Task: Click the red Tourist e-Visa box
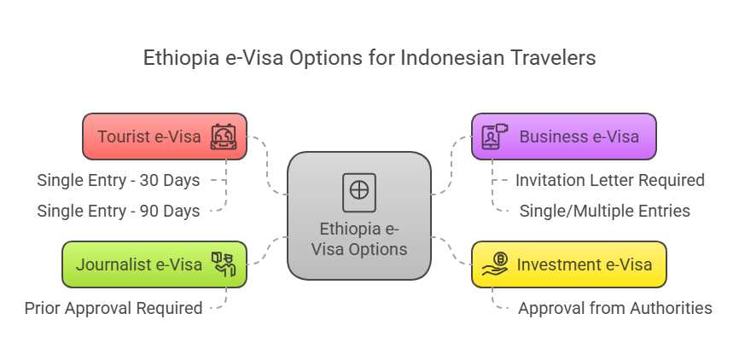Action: click(x=165, y=136)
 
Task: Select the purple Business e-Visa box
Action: click(x=564, y=136)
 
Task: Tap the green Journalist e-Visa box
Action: click(x=154, y=264)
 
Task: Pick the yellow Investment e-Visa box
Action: click(x=569, y=264)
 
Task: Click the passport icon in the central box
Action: click(x=359, y=193)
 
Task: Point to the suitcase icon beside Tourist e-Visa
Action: click(x=224, y=136)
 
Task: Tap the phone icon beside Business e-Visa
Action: click(x=495, y=136)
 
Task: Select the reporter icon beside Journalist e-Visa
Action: click(x=224, y=264)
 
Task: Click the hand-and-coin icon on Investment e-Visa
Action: click(x=495, y=264)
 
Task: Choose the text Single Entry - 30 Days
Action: click(x=119, y=181)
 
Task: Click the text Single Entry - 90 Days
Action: click(x=119, y=211)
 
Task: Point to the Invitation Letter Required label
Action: click(x=610, y=180)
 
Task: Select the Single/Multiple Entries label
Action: click(x=605, y=211)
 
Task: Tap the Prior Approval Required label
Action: click(x=113, y=309)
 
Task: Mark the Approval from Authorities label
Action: click(x=615, y=308)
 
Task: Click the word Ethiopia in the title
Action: click(x=181, y=58)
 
